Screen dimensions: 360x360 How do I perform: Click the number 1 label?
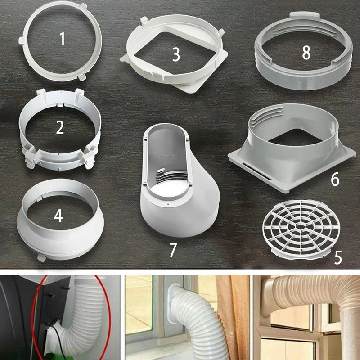62,39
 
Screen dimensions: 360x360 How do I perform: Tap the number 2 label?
60,128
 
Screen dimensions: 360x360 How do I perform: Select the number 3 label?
176,55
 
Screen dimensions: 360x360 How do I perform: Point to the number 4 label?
58,216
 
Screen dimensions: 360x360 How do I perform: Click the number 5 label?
338,257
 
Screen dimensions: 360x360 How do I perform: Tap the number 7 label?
173,249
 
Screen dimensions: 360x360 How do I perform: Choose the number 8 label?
306,52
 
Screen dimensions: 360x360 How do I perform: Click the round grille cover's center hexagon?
301,227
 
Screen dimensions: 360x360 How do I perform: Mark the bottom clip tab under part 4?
41,257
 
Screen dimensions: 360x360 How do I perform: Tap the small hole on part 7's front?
168,204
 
